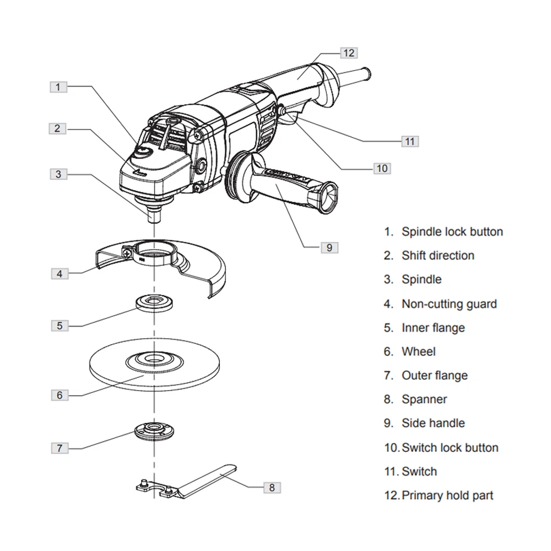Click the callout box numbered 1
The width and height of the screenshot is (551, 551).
(x=60, y=87)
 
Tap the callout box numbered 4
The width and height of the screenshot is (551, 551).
(x=60, y=273)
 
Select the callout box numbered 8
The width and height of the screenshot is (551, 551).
(x=272, y=487)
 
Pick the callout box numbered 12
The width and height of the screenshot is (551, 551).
(x=348, y=53)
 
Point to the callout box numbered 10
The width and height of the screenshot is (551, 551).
(x=382, y=168)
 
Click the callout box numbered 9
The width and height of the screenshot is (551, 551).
(x=329, y=247)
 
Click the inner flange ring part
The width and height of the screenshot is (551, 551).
(x=155, y=302)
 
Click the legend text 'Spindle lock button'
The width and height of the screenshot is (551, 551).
(x=452, y=232)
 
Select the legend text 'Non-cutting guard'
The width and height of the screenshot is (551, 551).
(x=449, y=304)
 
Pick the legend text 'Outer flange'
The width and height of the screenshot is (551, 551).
(x=434, y=375)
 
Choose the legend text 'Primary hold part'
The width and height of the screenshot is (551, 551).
(x=447, y=495)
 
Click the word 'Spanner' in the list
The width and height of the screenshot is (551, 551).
(x=424, y=399)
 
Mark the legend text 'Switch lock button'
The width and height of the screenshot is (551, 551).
(x=450, y=447)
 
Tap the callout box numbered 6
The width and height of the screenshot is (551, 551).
(x=60, y=395)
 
